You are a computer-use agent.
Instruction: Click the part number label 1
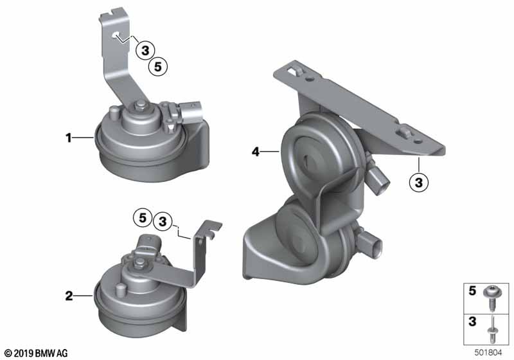pyautogui.click(x=69, y=138)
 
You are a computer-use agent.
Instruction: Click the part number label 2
pyautogui.click(x=69, y=296)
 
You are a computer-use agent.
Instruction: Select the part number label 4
pyautogui.click(x=255, y=152)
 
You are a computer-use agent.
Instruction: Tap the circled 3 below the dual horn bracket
pyautogui.click(x=419, y=182)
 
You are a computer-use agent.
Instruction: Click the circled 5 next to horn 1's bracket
pyautogui.click(x=158, y=67)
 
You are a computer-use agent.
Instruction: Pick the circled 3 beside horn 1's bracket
pyautogui.click(x=145, y=51)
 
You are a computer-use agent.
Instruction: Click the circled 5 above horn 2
pyautogui.click(x=143, y=217)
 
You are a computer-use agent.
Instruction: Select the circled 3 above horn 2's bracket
pyautogui.click(x=163, y=221)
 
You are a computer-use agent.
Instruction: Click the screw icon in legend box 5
pyautogui.click(x=491, y=298)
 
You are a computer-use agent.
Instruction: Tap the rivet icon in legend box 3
pyautogui.click(x=492, y=329)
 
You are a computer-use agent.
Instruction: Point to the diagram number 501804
pyautogui.click(x=488, y=352)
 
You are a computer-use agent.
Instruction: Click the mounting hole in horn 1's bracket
pyautogui.click(x=115, y=35)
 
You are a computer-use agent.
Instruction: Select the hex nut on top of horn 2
pyautogui.click(x=140, y=262)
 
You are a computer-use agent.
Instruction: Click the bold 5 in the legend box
pyautogui.click(x=472, y=291)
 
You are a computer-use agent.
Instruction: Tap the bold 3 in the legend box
pyautogui.click(x=472, y=321)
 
